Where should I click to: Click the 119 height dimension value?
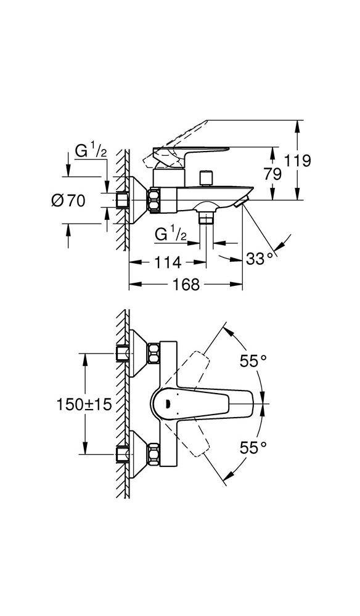(298, 161)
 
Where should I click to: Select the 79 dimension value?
(272, 174)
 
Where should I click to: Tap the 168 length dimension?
(186, 284)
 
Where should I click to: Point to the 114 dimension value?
(168, 262)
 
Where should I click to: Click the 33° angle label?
(260, 259)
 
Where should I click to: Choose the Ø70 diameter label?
(68, 201)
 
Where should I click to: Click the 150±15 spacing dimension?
(84, 404)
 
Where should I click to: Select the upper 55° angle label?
(253, 360)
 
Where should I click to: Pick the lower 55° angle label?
(253, 447)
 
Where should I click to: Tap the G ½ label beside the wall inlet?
(91, 152)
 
